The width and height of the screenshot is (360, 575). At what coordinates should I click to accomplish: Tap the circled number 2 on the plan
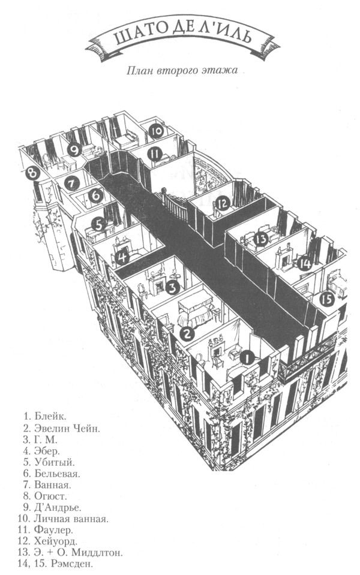pyautogui.click(x=187, y=333)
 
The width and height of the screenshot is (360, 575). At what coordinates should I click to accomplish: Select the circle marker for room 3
pyautogui.click(x=172, y=287)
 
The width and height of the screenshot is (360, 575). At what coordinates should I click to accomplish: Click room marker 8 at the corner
pyautogui.click(x=32, y=173)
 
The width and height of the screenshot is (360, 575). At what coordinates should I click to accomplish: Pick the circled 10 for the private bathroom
pyautogui.click(x=156, y=130)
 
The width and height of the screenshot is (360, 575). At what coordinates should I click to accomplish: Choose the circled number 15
pyautogui.click(x=326, y=299)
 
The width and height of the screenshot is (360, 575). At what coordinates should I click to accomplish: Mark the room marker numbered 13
pyautogui.click(x=261, y=239)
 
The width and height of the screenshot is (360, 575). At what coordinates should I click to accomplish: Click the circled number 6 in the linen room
pyautogui.click(x=95, y=195)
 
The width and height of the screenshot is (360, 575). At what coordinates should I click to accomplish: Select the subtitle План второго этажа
pyautogui.click(x=182, y=70)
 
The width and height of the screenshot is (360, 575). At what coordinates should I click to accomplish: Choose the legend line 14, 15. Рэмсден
pyautogui.click(x=59, y=564)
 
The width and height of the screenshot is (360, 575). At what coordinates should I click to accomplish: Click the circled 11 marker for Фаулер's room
pyautogui.click(x=155, y=154)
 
